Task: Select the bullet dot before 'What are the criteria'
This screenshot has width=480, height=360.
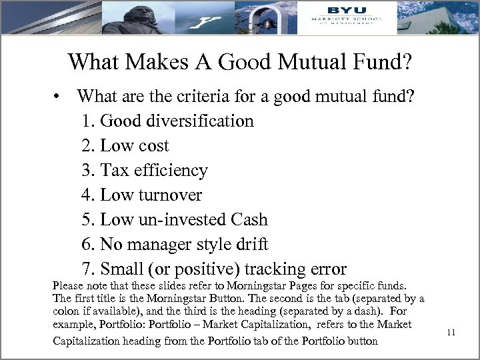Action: [x=60, y=97]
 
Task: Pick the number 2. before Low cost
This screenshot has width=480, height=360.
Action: [x=88, y=146]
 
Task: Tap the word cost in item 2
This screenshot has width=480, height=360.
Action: [x=153, y=146]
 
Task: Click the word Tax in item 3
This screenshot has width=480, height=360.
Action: [x=114, y=171]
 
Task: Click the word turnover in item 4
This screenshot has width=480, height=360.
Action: [x=170, y=195]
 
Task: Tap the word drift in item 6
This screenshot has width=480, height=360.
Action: [x=250, y=245]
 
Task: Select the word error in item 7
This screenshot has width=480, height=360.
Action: [x=327, y=269]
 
